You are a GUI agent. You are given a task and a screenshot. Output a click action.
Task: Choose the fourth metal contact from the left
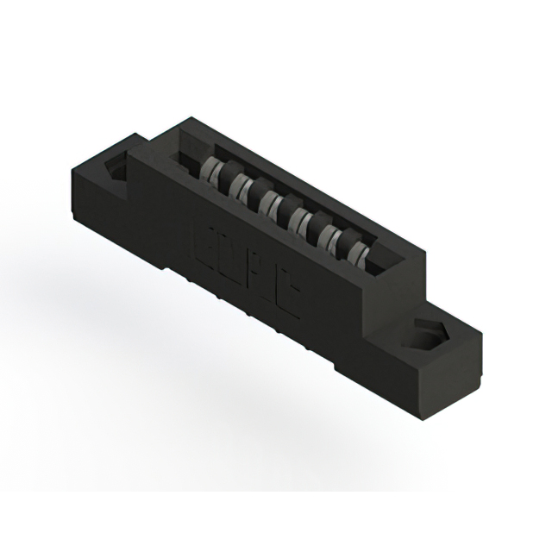(x=298, y=216)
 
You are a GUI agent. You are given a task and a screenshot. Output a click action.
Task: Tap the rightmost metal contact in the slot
(x=356, y=248)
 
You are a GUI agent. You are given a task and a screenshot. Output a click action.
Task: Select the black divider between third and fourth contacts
(x=284, y=209)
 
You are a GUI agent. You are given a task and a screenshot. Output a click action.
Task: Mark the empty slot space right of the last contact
(x=379, y=256)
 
